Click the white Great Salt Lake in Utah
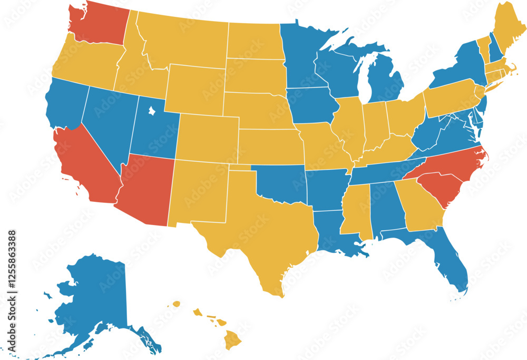(x=151, y=111)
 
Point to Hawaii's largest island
(x=232, y=340)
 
